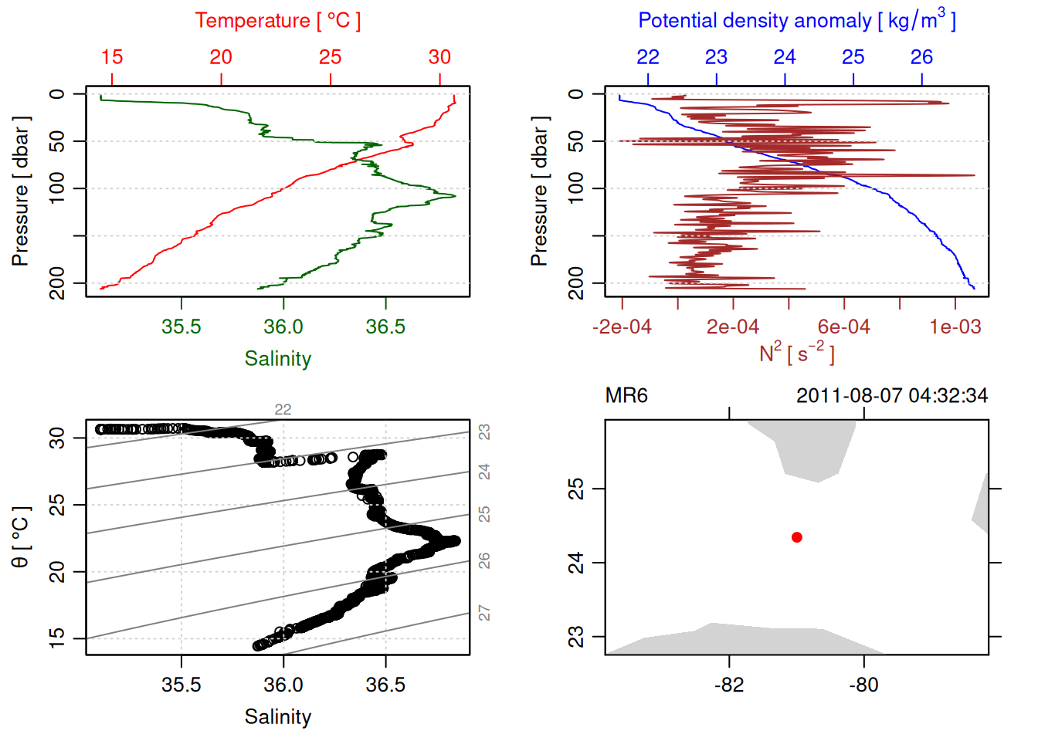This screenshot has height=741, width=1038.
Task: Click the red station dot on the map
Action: pyautogui.click(x=797, y=537)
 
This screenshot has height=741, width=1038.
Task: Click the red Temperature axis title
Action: pyautogui.click(x=277, y=21)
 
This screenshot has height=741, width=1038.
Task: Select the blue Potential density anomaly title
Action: pyautogui.click(x=796, y=20)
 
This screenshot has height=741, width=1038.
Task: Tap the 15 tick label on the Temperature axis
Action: pyautogui.click(x=112, y=57)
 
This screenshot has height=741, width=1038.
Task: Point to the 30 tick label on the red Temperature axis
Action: pyautogui.click(x=439, y=57)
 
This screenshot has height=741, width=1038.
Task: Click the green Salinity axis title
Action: pyautogui.click(x=278, y=359)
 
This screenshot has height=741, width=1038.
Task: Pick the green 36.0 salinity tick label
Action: pyautogui.click(x=283, y=327)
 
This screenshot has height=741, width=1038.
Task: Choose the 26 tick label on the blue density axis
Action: pyautogui.click(x=921, y=57)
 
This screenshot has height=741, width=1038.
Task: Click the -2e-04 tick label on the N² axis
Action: pyautogui.click(x=622, y=327)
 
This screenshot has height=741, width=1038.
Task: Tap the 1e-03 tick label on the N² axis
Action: pyautogui.click(x=955, y=327)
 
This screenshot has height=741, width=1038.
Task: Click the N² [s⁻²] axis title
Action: pyautogui.click(x=796, y=354)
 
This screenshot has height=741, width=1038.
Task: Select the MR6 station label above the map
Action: pyautogui.click(x=626, y=396)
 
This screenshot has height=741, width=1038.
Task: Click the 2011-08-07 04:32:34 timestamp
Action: pyautogui.click(x=892, y=396)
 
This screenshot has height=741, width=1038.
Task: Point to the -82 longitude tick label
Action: pyautogui.click(x=729, y=685)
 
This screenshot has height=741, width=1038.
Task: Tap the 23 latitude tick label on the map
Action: pyautogui.click(x=576, y=637)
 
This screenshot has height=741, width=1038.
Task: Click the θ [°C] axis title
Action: pyautogui.click(x=21, y=537)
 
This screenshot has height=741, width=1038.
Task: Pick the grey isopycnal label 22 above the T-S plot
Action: pyautogui.click(x=283, y=410)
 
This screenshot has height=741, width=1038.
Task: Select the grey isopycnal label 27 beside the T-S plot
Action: pyautogui.click(x=484, y=613)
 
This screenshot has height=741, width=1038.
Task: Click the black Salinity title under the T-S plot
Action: pyautogui.click(x=278, y=717)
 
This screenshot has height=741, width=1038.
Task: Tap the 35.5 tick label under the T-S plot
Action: pyautogui.click(x=181, y=685)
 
